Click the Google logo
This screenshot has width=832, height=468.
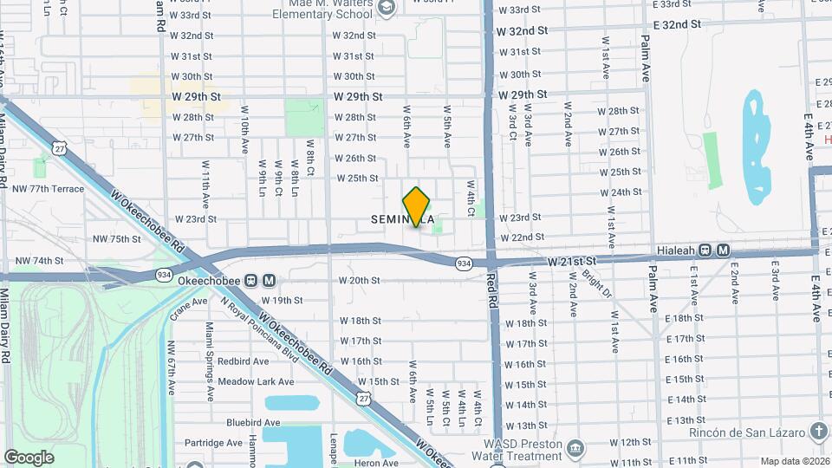29,457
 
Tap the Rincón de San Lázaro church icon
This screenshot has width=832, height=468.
819,432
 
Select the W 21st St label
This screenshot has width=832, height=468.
573,260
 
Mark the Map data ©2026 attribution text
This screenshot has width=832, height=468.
795,461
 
